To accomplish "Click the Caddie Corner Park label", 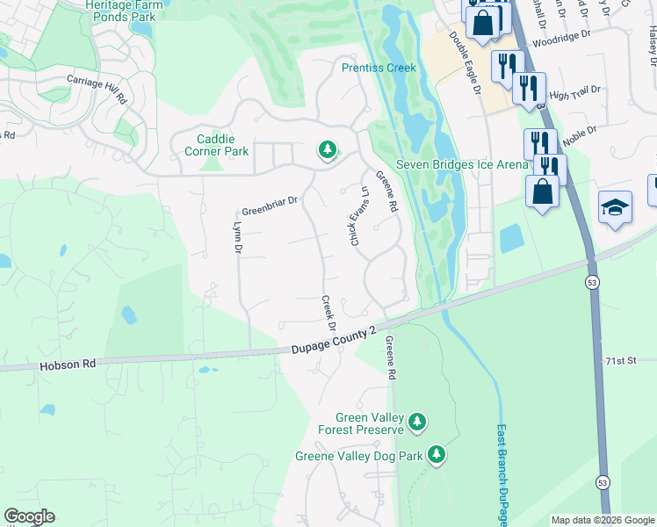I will coord(211,145).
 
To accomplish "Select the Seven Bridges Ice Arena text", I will coord(462,164).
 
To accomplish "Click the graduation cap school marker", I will coord(615,207).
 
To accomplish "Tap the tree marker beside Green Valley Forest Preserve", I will coord(417,422).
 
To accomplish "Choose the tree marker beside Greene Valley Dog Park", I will coord(437,454).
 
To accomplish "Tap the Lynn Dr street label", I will coord(236,236).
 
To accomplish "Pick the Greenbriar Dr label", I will coord(270,206).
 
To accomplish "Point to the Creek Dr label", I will coord(328,313).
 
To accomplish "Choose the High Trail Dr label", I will coord(574,92).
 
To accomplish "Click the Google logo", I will coord(29,516).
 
